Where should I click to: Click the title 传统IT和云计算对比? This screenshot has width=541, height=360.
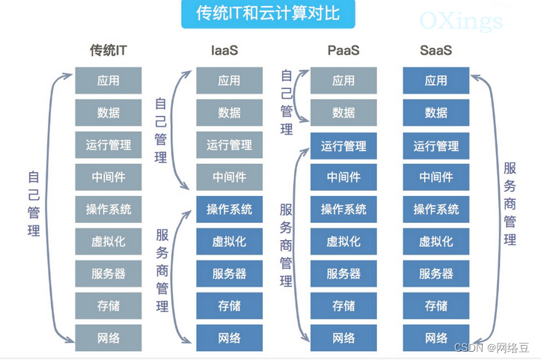(x=266, y=14)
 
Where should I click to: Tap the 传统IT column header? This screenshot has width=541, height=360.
(x=108, y=51)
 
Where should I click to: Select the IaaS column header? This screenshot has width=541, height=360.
(x=229, y=51)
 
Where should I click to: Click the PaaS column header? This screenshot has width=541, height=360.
(x=343, y=51)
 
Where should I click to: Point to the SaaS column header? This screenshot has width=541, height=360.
(x=436, y=51)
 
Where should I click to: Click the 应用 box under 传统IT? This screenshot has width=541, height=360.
(x=108, y=81)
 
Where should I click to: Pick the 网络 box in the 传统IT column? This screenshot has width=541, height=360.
(x=108, y=338)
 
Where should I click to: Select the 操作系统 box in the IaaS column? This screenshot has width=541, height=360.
(x=229, y=210)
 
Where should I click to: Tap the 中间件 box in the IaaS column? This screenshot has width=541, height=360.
(x=229, y=177)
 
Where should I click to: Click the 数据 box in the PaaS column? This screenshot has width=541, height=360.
(x=343, y=113)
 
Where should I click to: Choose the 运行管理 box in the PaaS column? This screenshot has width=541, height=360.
(x=343, y=145)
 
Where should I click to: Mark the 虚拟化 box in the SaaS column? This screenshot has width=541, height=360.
(x=436, y=242)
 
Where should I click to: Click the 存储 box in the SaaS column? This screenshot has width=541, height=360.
(x=436, y=306)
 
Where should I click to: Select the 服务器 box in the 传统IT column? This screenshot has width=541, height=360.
(x=108, y=274)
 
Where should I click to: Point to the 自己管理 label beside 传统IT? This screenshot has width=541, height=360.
(x=34, y=204)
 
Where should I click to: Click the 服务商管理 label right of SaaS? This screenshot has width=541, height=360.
(x=510, y=204)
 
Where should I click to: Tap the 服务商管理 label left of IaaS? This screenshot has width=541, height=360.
(x=162, y=269)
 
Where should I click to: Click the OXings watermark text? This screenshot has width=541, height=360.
(x=461, y=20)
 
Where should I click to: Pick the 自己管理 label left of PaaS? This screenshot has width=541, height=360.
(x=286, y=103)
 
